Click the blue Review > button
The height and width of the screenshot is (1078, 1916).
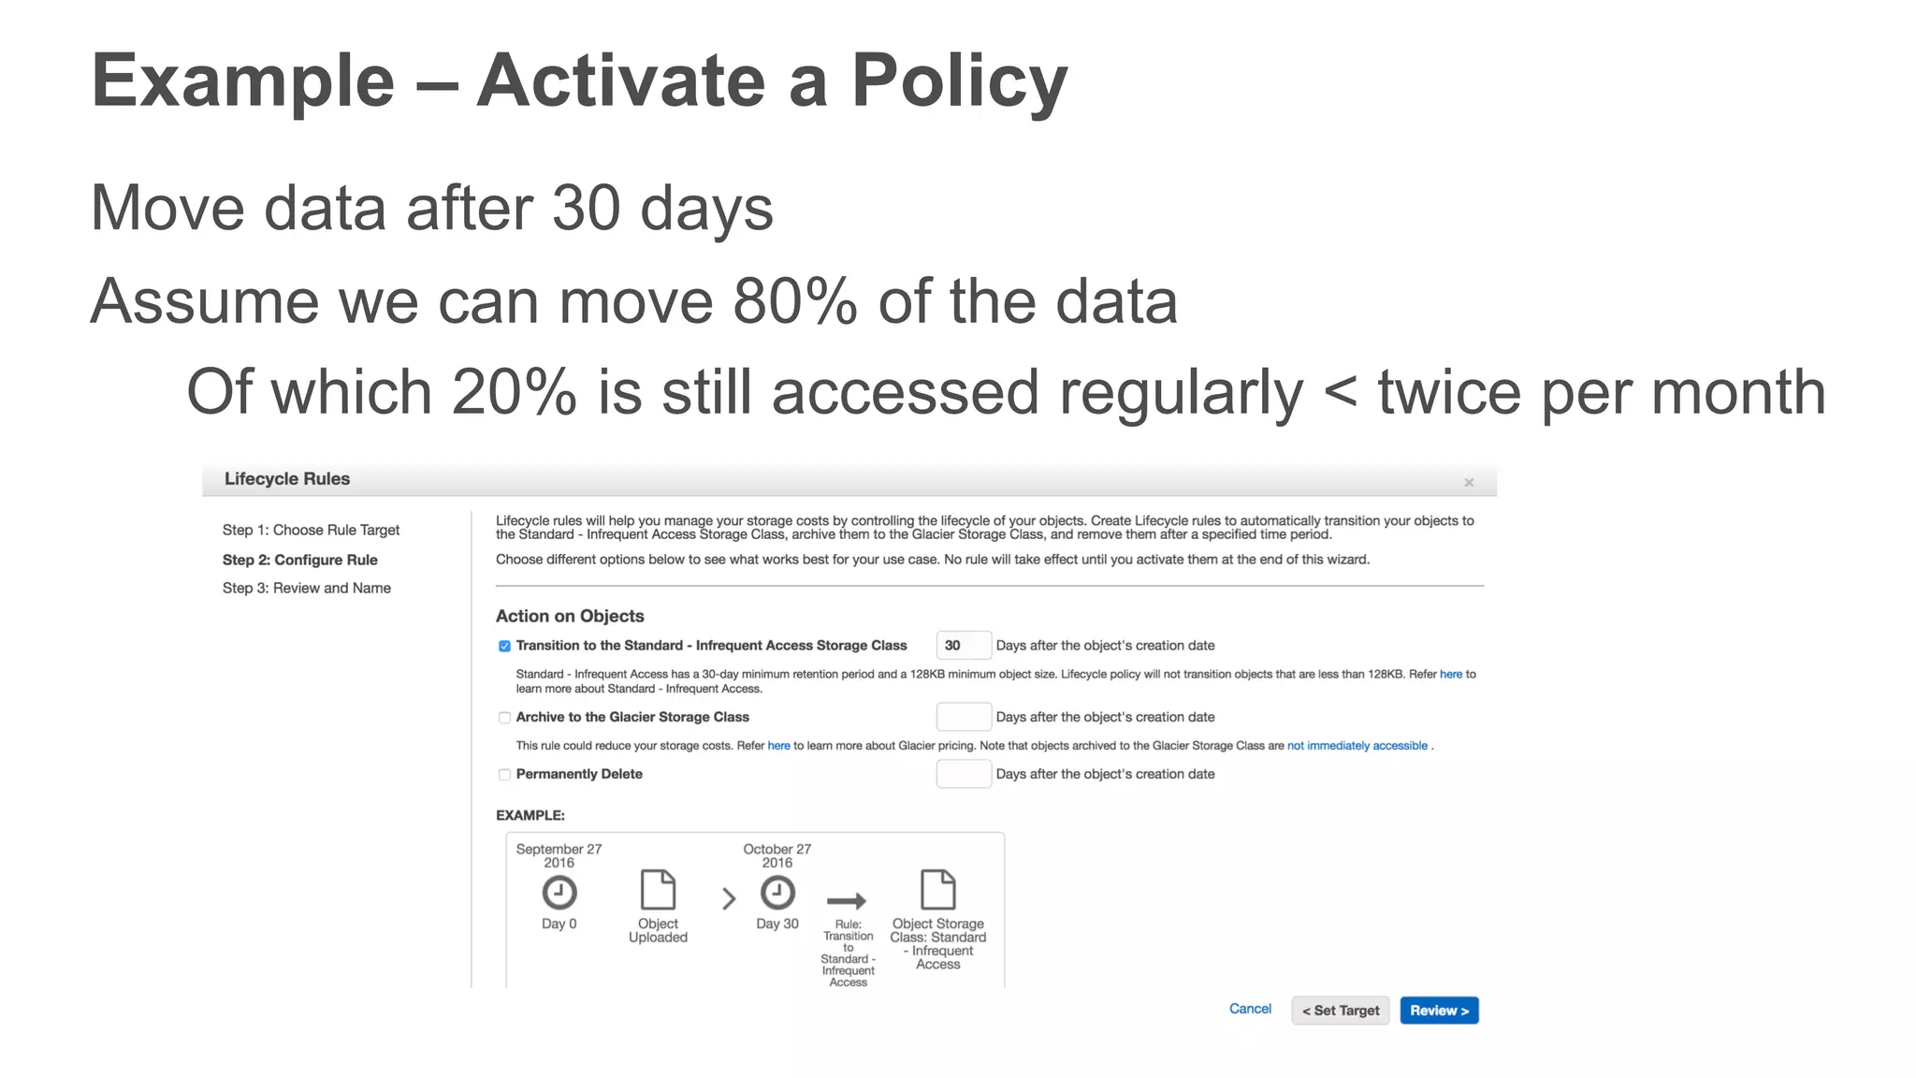[1439, 1011]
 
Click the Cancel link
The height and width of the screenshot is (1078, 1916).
[1250, 1009]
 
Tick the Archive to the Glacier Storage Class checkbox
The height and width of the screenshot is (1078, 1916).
[504, 718]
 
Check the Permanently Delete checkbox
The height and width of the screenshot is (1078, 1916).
[504, 775]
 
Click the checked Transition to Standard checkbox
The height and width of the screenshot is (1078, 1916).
[504, 646]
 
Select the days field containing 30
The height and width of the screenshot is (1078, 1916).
[963, 646]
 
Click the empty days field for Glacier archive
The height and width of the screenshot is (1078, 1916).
[963, 717]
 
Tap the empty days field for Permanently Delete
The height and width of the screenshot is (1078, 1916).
[963, 774]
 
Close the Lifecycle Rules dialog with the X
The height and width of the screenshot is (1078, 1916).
[1469, 483]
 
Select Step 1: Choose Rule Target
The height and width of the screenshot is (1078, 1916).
[311, 530]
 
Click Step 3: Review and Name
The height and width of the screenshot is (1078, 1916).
[306, 588]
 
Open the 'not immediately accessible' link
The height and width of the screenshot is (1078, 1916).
[1357, 746]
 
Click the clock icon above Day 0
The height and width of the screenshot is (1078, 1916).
[559, 893]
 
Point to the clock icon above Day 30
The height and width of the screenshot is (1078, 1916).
[777, 893]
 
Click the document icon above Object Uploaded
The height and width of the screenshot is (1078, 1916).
[658, 889]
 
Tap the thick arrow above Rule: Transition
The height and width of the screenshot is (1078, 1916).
[847, 901]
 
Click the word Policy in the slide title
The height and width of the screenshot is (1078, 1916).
[959, 81]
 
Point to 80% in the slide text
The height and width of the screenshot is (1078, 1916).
[794, 301]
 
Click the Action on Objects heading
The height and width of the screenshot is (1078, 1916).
[570, 616]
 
